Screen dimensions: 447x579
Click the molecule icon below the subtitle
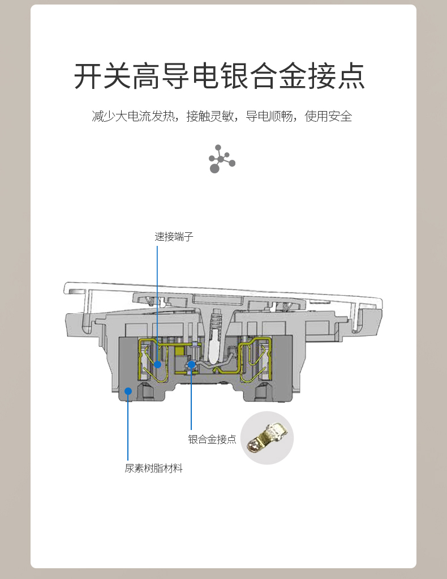tap(222, 159)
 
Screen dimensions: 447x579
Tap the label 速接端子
tap(174, 237)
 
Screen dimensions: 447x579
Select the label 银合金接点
tap(212, 439)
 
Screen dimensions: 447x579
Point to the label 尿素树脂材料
tap(154, 468)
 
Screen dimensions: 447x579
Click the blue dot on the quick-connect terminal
tap(157, 364)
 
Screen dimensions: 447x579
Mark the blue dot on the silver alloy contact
tap(191, 365)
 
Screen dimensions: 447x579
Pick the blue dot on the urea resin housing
tap(128, 391)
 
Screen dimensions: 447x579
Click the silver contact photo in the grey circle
tap(267, 438)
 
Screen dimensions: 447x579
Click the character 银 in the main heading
tap(234, 76)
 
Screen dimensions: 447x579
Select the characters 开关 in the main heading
tap(102, 76)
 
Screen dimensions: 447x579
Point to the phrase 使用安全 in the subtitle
tap(328, 116)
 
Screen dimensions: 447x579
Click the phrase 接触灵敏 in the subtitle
tap(210, 116)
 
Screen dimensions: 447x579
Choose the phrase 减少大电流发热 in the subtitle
tap(133, 116)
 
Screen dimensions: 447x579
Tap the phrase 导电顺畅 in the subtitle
tap(269, 116)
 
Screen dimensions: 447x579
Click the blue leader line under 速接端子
tap(157, 303)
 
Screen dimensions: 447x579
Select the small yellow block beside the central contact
tap(179, 351)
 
